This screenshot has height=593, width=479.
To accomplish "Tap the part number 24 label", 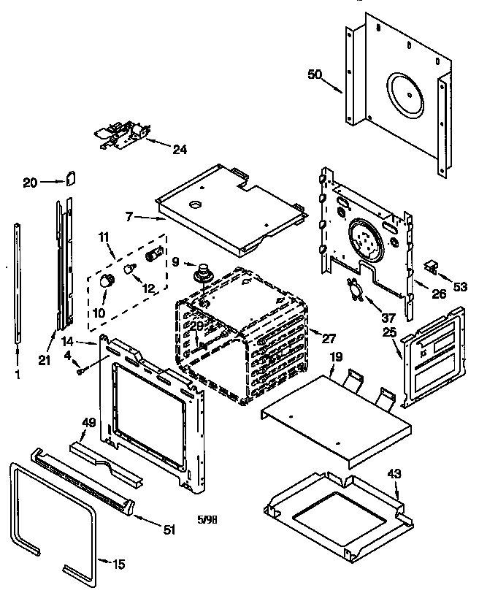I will click(179, 150).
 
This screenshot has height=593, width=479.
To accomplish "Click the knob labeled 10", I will click(107, 281).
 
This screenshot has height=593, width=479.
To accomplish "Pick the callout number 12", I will click(148, 288).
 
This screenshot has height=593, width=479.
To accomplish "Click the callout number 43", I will click(394, 474).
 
